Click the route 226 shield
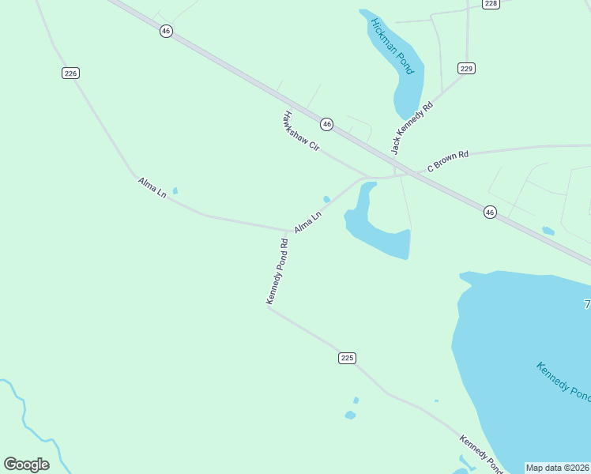70,73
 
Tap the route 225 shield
347,358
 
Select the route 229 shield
466,69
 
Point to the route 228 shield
491,4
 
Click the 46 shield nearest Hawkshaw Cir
326,124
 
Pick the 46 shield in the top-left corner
165,31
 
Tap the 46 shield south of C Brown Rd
490,213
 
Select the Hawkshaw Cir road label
300,132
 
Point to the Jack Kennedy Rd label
413,128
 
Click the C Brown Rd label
448,160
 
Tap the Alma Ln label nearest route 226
152,187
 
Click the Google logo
26,465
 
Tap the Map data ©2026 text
557,468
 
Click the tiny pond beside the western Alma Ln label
175,190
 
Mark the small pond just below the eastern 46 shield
548,231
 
